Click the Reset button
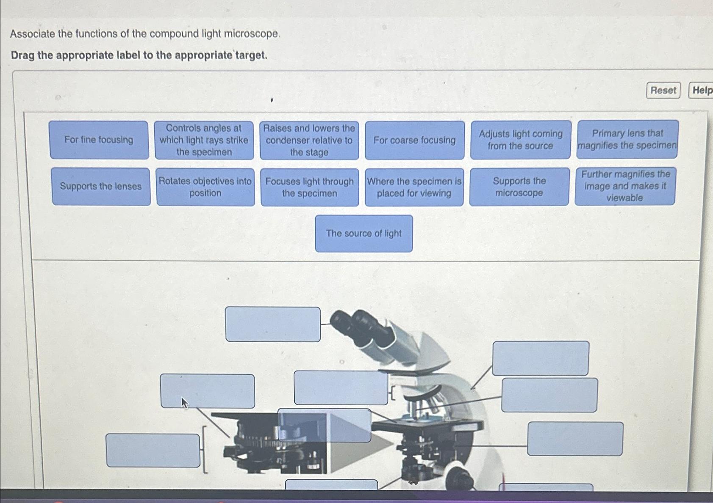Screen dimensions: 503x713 [663, 90]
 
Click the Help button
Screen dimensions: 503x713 [702, 90]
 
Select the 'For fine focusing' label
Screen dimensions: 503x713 [99, 140]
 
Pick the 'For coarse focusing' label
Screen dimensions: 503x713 [414, 140]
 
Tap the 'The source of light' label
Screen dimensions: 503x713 [363, 234]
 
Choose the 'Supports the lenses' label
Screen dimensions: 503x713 [101, 187]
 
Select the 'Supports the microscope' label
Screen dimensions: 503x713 [519, 187]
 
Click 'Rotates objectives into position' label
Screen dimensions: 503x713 [205, 187]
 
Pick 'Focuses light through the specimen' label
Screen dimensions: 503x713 [310, 187]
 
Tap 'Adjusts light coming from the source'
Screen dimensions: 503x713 [521, 140]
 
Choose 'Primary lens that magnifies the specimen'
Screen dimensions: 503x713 [627, 139]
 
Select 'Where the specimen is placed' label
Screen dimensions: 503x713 [414, 187]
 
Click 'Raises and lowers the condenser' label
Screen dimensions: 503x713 [309, 140]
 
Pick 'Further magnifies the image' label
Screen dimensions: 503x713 [625, 186]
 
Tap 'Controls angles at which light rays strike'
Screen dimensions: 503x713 [204, 140]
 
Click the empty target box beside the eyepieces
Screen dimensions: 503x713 [273, 324]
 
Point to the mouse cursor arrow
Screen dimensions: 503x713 [184, 402]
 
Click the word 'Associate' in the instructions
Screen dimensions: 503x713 [32, 34]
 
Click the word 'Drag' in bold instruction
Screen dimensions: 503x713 [22, 55]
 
